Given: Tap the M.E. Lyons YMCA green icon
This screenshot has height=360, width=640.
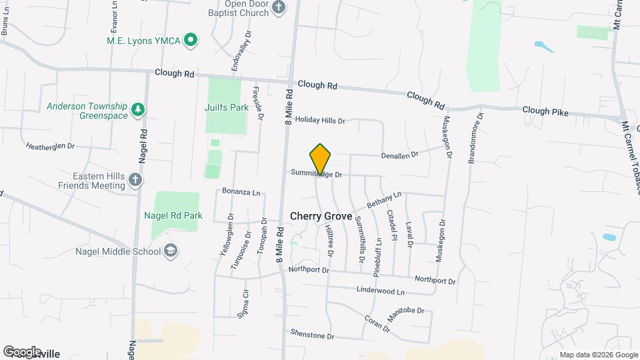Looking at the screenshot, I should pos(190,41).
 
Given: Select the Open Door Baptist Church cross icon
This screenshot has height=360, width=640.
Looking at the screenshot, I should pos(279,7).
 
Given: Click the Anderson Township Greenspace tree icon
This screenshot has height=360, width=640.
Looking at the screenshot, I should pos(138,109).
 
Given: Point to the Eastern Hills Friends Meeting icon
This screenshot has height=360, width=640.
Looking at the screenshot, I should pos(135,179).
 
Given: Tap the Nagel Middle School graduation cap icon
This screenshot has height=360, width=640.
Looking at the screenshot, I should pos(171,251).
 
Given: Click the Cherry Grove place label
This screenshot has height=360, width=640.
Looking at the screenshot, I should pos(321,217).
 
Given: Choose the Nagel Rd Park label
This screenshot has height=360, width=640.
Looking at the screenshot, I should pos(173,215).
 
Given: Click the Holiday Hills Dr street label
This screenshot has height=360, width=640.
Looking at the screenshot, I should pos(320,121).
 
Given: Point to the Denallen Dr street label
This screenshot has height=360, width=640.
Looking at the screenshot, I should pos(399,155).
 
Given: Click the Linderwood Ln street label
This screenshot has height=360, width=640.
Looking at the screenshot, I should pos(381,292).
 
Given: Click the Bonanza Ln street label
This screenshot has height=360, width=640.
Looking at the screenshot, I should pos(241,192).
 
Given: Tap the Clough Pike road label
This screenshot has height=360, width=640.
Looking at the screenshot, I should pos(545,112).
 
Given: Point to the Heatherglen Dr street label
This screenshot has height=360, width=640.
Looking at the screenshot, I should pos(50,145).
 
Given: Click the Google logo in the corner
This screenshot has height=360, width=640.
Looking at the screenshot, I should pos(22,351).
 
